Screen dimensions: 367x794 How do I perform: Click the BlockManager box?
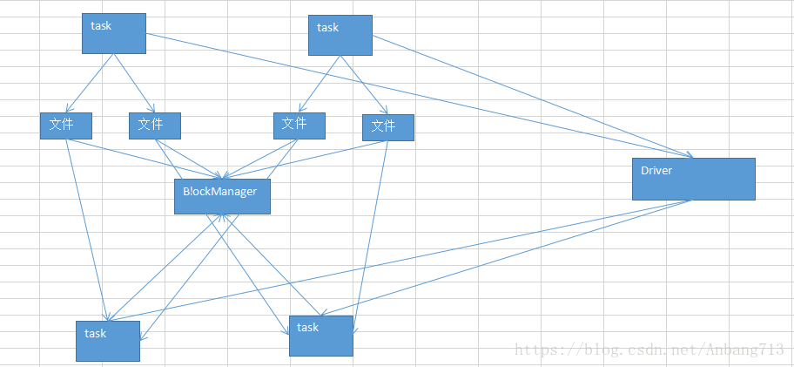(x=222, y=196)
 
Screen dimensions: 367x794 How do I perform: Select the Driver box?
(x=693, y=179)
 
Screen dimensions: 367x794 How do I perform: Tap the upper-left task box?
(x=113, y=33)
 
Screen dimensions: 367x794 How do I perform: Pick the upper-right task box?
(x=340, y=35)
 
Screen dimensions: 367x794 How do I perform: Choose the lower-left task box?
(x=107, y=341)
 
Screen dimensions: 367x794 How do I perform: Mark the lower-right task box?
(x=320, y=336)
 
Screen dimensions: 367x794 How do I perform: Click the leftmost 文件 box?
(x=65, y=126)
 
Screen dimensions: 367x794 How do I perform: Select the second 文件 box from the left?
(x=154, y=126)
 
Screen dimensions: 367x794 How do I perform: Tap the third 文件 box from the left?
(x=299, y=126)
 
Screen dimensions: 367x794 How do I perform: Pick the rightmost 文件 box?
(x=387, y=127)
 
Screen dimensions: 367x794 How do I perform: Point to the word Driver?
(x=656, y=171)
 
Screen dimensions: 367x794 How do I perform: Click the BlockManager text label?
(x=219, y=191)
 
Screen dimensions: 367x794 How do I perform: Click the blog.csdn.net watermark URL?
(x=649, y=350)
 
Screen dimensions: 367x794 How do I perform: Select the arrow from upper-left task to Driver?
(x=418, y=96)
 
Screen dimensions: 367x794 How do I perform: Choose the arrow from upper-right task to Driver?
(x=531, y=96)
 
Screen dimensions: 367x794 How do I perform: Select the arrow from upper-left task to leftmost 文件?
(x=91, y=84)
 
